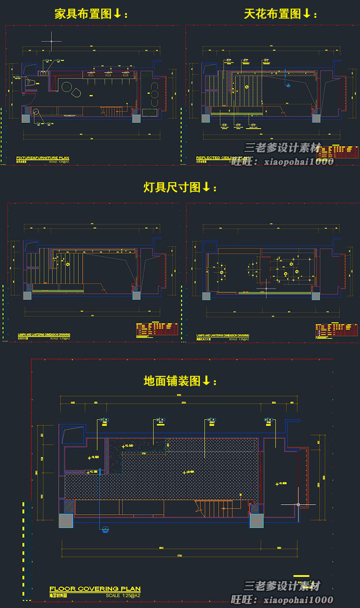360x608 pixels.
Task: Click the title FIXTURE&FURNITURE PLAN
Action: pyautogui.click(x=43, y=158)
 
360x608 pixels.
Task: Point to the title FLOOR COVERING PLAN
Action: pyautogui.click(x=95, y=589)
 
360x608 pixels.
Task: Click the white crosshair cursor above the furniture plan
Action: pyautogui.click(x=51, y=41)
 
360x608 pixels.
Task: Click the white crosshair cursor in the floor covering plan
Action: pyautogui.click(x=298, y=505)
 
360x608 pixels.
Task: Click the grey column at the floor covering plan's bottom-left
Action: pyautogui.click(x=66, y=521)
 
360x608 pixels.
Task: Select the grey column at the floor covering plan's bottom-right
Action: pyautogui.click(x=257, y=521)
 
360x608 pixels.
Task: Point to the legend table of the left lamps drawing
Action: pyautogui.click(x=157, y=329)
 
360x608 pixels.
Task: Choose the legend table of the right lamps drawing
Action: pyautogui.click(x=336, y=330)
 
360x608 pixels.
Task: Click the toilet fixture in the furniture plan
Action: pyautogui.click(x=32, y=84)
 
